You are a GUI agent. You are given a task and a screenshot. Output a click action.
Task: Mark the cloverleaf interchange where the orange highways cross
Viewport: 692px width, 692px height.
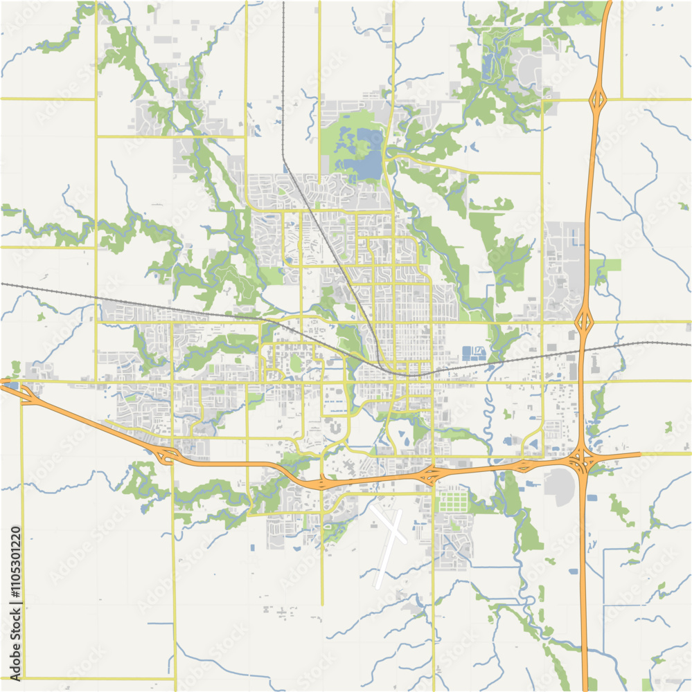pos(580,458)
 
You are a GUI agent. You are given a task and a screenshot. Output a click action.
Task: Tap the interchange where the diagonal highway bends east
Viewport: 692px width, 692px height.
pos(167,455)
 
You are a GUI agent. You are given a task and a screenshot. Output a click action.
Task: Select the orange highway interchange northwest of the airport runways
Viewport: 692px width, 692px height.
pos(322,482)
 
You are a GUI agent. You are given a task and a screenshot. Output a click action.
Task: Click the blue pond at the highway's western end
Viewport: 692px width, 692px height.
pos(12,385)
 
